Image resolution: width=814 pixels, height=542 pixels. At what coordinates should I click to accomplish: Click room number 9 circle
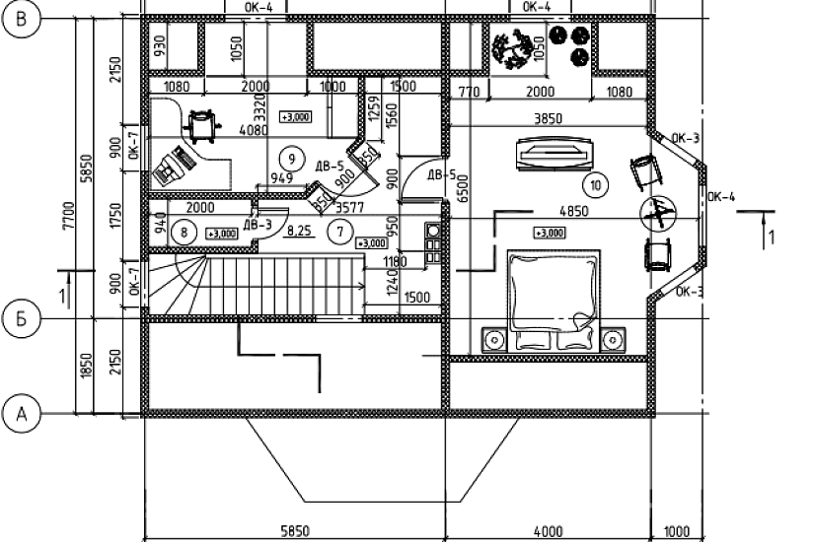coord(289,157)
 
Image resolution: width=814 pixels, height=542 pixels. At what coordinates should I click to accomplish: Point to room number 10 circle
coord(595,183)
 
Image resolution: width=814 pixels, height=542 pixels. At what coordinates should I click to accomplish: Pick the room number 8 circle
coord(185,233)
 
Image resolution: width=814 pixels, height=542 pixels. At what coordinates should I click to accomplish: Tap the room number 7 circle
coord(338,233)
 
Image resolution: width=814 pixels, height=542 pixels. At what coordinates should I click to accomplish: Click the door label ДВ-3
coord(258,226)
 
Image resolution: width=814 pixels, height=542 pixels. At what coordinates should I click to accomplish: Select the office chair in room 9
coord(201,122)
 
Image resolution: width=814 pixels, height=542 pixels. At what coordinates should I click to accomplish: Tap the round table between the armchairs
coord(655,210)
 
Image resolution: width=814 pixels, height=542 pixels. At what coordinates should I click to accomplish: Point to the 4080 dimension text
coord(255,129)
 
